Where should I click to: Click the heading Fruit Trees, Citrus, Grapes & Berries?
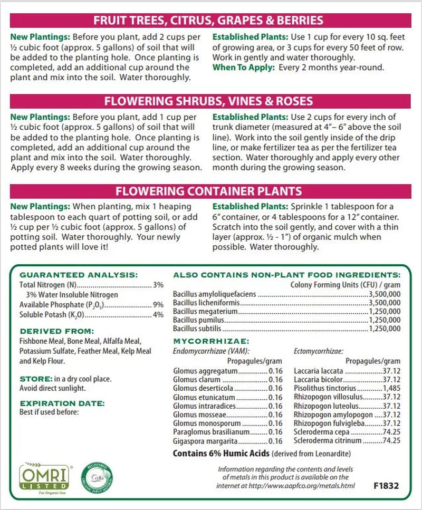pyautogui.click(x=208, y=21)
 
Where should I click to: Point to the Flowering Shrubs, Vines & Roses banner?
pyautogui.click(x=208, y=101)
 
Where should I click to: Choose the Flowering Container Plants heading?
pyautogui.click(x=208, y=190)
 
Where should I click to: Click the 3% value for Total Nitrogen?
pyautogui.click(x=158, y=285)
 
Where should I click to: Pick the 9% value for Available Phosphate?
pyautogui.click(x=158, y=305)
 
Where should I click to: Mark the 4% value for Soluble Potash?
pyautogui.click(x=158, y=315)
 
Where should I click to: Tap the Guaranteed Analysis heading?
pyautogui.click(x=78, y=275)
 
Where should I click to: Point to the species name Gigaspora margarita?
pyautogui.click(x=207, y=441)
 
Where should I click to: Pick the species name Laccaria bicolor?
pyautogui.click(x=320, y=380)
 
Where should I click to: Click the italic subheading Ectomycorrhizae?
pyautogui.click(x=319, y=351)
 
